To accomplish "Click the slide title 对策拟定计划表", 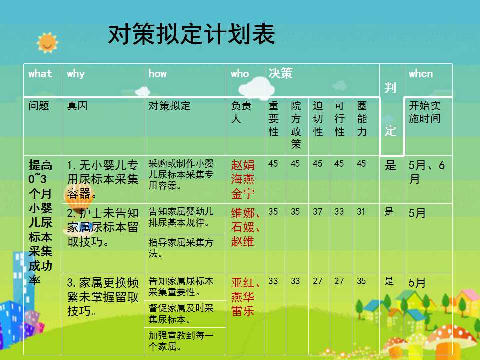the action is click(191, 34).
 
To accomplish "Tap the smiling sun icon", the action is click(47, 43).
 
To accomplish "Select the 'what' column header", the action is click(40, 74).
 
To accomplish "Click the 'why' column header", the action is click(76, 74).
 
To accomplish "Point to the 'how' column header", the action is click(157, 74).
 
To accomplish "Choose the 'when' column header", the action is click(421, 74).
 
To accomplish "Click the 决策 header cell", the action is click(280, 73).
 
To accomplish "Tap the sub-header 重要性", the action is click(273, 119).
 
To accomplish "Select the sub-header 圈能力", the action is click(362, 119).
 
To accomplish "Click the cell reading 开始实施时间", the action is click(425, 112).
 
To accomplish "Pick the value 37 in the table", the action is click(318, 212).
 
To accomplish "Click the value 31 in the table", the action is click(361, 212).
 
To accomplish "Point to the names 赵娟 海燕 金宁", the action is click(243, 179).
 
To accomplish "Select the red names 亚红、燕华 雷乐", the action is click(245, 297).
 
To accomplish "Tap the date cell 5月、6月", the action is click(426, 172).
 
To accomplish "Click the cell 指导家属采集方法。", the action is click(181, 248).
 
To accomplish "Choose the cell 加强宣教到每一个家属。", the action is click(181, 341).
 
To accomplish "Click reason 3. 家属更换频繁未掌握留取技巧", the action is click(103, 297).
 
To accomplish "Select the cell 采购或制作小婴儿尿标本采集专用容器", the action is click(181, 175).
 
